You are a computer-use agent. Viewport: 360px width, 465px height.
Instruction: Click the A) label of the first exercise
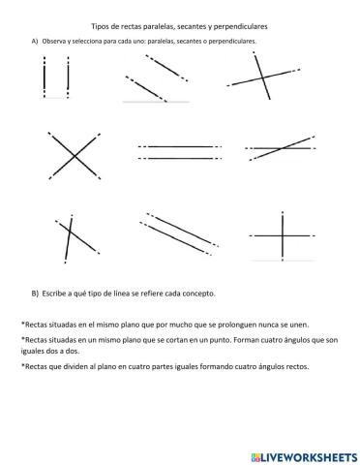click(36, 43)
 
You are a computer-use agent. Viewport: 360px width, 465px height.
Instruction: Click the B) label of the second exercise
click(36, 293)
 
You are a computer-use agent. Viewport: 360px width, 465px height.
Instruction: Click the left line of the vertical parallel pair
click(45, 77)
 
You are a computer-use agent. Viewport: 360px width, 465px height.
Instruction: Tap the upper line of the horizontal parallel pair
click(180, 147)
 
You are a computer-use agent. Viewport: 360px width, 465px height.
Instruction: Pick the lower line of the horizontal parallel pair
click(180, 157)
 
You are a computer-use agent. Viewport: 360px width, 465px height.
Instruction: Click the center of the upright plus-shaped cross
click(282, 235)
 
